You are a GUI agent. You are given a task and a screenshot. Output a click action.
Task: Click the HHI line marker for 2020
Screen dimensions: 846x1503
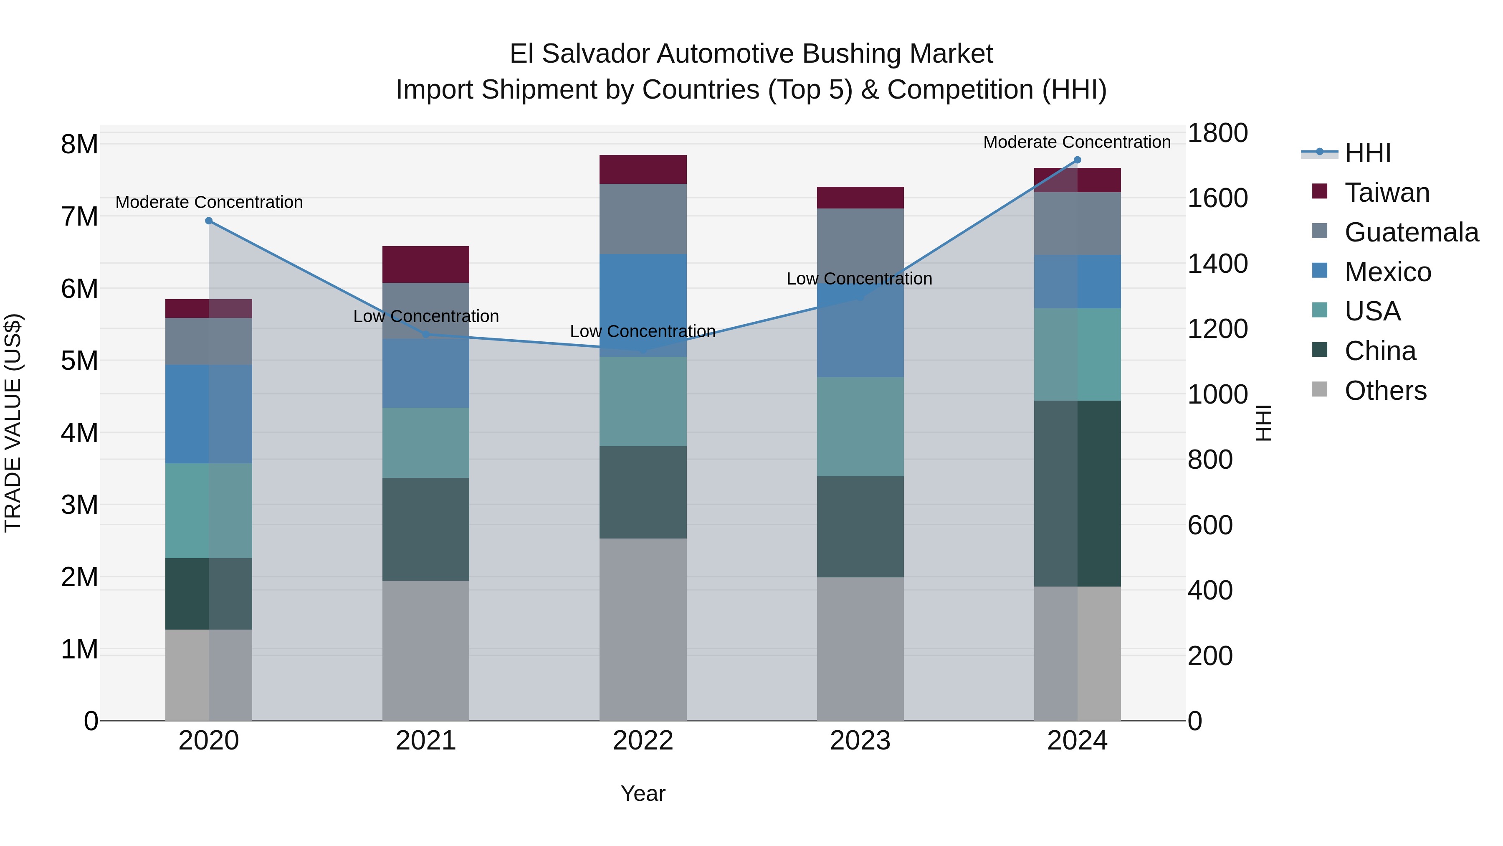209,221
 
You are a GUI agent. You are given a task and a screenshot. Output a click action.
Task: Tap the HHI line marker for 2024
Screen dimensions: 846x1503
1077,160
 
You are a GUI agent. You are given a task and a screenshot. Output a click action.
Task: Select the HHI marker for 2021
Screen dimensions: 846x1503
426,335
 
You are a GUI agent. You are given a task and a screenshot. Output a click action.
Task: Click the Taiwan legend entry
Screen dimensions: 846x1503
1386,193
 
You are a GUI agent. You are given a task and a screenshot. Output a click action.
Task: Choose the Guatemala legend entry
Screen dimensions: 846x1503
1411,232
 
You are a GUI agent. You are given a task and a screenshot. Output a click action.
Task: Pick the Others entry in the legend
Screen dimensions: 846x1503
1385,391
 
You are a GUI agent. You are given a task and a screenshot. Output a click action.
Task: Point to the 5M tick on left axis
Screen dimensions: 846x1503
79,361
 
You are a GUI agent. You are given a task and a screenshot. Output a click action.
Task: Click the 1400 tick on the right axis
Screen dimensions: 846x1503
1218,264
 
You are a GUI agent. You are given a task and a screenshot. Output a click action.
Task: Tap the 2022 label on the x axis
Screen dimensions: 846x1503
643,741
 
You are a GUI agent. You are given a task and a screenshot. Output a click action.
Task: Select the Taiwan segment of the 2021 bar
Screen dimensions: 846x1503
426,264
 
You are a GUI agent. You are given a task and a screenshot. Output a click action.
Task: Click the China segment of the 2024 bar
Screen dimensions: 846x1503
1077,493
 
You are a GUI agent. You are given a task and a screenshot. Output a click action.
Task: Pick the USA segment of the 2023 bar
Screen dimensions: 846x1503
860,427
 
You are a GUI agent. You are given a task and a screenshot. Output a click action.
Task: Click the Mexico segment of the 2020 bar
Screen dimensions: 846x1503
209,414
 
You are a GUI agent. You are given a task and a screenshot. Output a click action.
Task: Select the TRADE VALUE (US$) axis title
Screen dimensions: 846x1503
13,423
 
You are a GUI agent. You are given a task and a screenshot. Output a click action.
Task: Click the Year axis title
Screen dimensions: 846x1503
643,793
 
